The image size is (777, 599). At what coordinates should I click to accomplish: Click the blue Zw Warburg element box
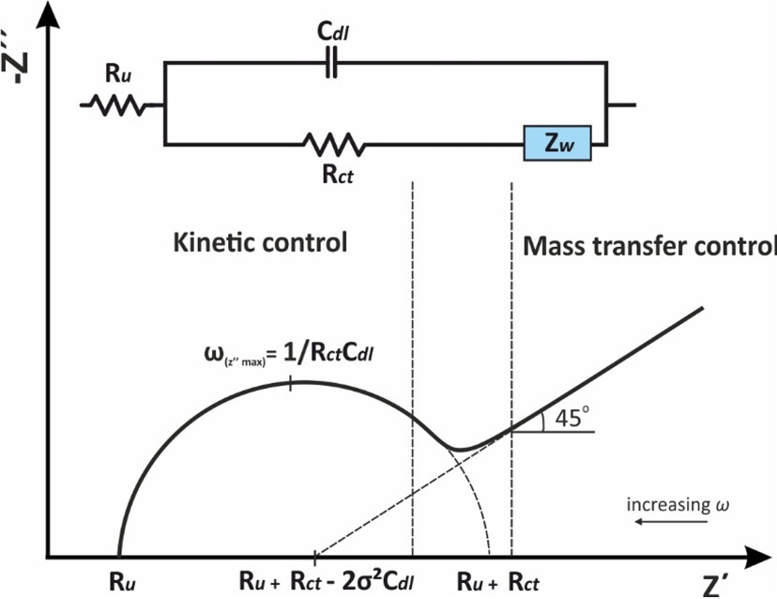coord(557,145)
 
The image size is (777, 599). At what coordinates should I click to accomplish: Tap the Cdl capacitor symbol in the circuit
coord(330,63)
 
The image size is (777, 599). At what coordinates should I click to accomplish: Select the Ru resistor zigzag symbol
coord(117,105)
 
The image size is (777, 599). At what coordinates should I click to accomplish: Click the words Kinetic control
coord(261,242)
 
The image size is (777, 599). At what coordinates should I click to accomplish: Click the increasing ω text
coord(677,505)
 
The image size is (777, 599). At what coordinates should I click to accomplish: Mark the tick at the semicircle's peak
coord(292,382)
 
